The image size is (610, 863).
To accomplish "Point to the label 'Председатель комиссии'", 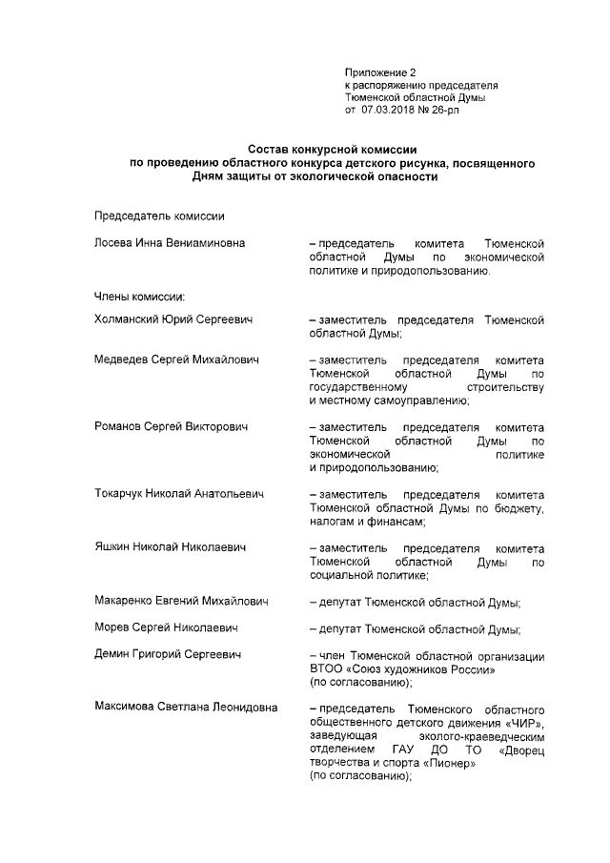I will (x=159, y=216).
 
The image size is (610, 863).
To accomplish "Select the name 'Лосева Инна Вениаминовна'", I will (x=170, y=243).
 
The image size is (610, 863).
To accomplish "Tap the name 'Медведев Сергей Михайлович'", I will (x=176, y=360).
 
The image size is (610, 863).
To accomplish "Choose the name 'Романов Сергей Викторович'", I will (x=171, y=427).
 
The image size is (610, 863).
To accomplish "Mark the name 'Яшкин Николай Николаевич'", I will (x=171, y=547).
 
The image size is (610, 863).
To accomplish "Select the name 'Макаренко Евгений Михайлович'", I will (x=181, y=602).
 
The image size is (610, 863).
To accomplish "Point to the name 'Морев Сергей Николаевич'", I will (x=166, y=628).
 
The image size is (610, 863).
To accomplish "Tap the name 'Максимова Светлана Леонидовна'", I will (x=186, y=709).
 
